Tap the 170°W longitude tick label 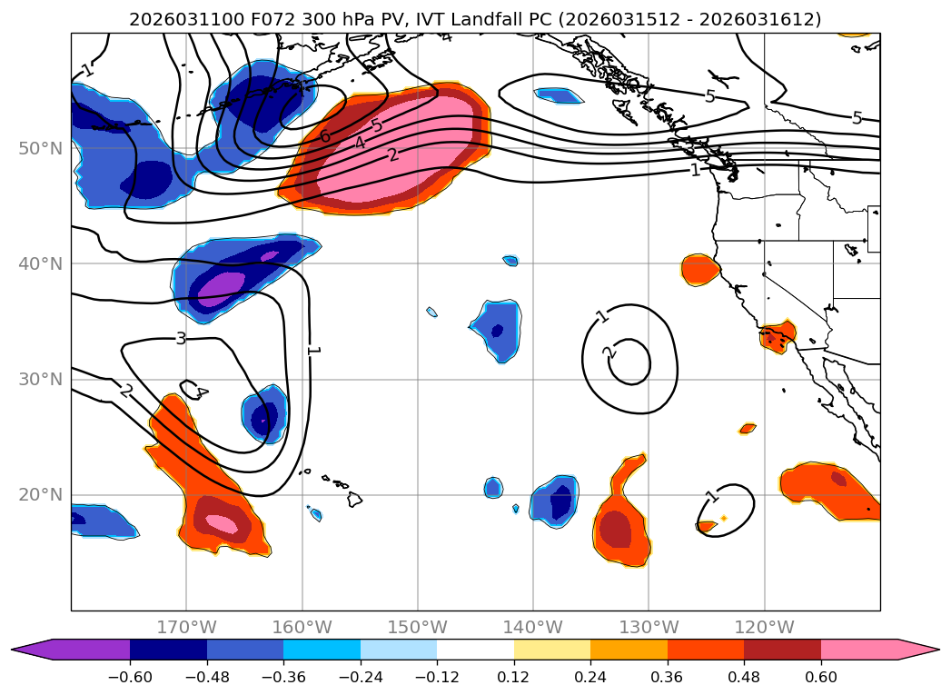pos(186,627)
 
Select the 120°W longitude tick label pos(764,627)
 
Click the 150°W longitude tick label pos(417,627)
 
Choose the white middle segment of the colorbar pos(475,649)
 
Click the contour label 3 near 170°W pos(181,339)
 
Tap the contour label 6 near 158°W pos(324,137)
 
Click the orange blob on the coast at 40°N pos(699,269)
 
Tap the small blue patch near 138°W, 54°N pos(559,94)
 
